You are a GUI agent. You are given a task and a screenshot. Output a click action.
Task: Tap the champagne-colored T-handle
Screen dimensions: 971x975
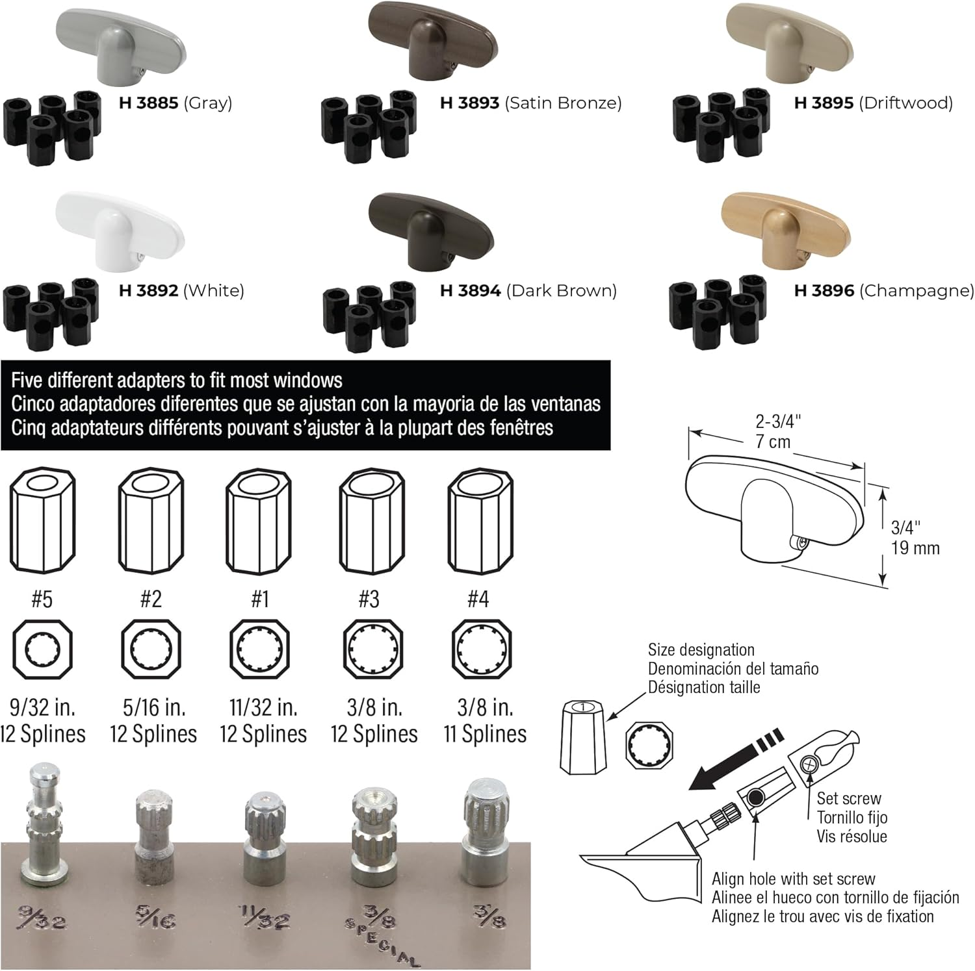(786, 227)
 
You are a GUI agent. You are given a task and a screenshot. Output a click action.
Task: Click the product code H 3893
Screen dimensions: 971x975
(469, 103)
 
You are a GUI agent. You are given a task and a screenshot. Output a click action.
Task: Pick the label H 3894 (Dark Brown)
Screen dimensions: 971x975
(528, 290)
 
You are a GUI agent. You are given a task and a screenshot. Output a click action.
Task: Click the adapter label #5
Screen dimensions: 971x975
(42, 598)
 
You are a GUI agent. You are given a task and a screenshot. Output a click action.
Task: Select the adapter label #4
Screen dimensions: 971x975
(478, 598)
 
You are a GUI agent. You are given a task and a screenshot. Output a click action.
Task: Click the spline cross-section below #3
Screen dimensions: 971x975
(372, 649)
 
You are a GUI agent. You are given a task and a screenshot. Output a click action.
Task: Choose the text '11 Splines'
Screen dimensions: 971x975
(485, 734)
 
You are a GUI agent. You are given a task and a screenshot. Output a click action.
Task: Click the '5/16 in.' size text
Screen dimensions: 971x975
(154, 707)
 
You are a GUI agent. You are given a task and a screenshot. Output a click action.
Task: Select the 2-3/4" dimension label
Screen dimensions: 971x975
(777, 422)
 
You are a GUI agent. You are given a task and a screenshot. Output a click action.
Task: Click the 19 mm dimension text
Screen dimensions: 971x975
(915, 548)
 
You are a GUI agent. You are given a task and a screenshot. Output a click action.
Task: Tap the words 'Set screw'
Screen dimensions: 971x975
(849, 798)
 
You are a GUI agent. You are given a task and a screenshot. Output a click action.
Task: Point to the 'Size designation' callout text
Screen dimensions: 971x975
(701, 649)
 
